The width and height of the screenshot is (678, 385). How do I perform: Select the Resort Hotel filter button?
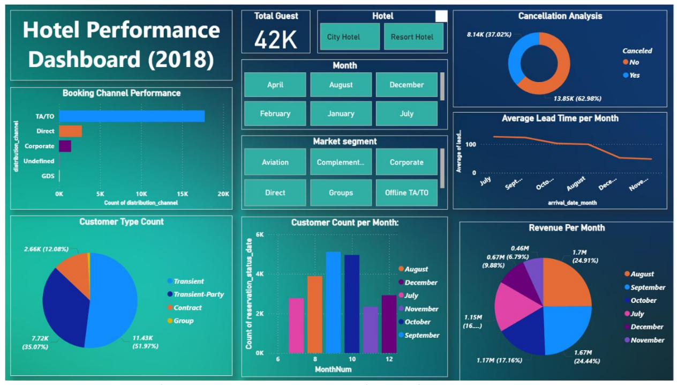pyautogui.click(x=412, y=37)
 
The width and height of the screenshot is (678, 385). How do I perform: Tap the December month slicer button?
pyautogui.click(x=406, y=85)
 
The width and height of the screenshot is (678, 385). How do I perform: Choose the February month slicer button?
pyautogui.click(x=275, y=114)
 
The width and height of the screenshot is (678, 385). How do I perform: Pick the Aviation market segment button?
pyautogui.click(x=275, y=162)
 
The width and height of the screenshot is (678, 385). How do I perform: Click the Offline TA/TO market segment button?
pyautogui.click(x=406, y=192)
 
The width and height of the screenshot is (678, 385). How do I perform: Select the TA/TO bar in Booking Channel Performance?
pyautogui.click(x=132, y=116)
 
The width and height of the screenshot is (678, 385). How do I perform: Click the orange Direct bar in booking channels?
pyautogui.click(x=70, y=131)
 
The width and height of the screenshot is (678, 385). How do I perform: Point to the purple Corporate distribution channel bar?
pyautogui.click(x=65, y=146)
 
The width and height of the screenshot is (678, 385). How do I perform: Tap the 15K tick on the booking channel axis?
pyautogui.click(x=182, y=194)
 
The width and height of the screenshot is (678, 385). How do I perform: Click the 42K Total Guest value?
pyautogui.click(x=276, y=40)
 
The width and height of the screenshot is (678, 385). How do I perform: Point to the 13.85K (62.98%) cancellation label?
pyautogui.click(x=577, y=99)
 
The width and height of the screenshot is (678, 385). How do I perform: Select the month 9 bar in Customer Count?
pyautogui.click(x=333, y=302)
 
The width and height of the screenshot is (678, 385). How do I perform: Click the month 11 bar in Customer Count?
pyautogui.click(x=371, y=330)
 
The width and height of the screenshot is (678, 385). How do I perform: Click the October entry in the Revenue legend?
pyautogui.click(x=643, y=300)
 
